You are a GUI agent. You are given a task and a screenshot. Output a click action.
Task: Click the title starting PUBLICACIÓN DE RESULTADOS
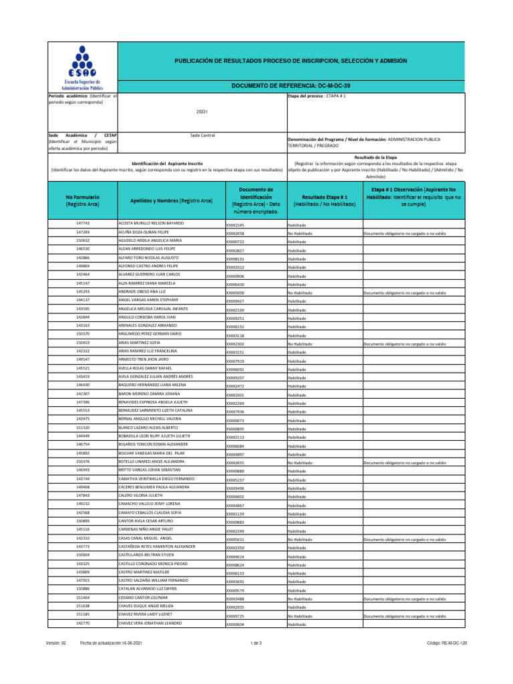pos(290,61)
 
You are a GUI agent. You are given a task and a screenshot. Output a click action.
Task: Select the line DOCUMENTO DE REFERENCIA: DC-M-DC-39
pos(290,86)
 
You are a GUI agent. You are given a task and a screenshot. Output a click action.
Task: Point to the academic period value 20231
pos(202,112)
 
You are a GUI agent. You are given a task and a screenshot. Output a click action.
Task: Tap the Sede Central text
pos(202,136)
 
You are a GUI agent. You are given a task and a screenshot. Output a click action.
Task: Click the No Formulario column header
pos(83,200)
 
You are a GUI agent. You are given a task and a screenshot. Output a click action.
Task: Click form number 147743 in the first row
pos(83,223)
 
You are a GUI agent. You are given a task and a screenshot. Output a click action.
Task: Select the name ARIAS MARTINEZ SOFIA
pos(140,343)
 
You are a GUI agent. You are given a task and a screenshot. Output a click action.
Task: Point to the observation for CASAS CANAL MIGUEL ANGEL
pos(404,539)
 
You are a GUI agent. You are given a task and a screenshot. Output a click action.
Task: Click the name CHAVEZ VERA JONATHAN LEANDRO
pos(151,623)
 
